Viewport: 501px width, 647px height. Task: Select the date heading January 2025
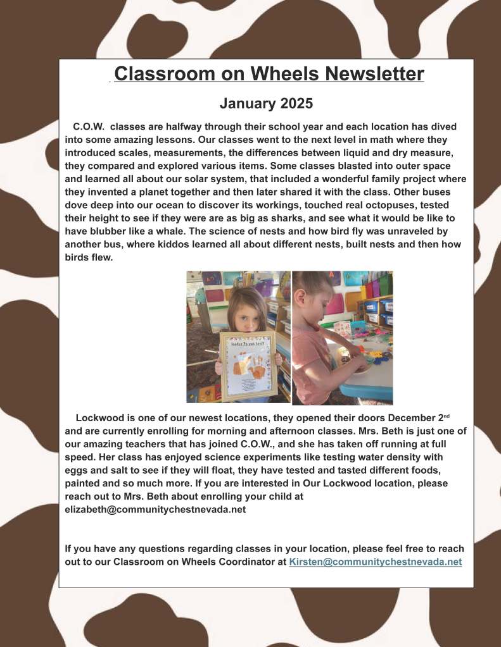(266, 102)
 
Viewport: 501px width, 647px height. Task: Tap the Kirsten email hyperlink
(375, 562)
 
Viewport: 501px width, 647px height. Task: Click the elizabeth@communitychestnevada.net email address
(155, 509)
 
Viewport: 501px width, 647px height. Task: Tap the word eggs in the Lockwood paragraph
(77, 470)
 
